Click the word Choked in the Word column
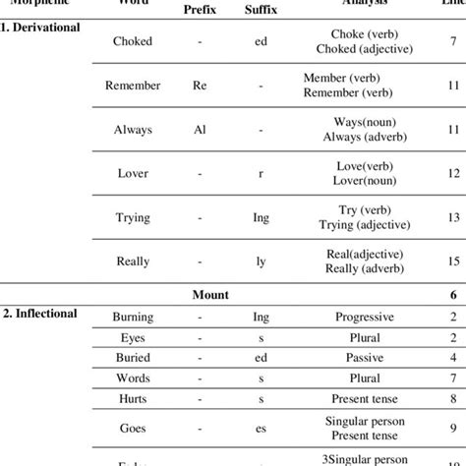132,42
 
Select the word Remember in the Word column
132,86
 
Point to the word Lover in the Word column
132,172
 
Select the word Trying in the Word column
132,216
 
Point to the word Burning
132,317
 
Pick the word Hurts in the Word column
132,402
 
